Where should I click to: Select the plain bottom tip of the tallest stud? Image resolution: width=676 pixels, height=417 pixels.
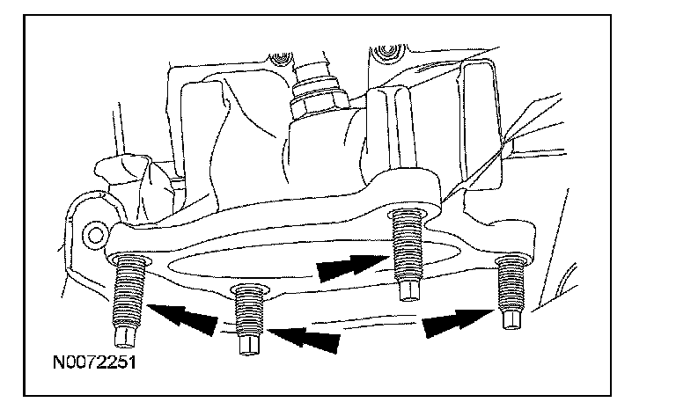pos(407,291)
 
